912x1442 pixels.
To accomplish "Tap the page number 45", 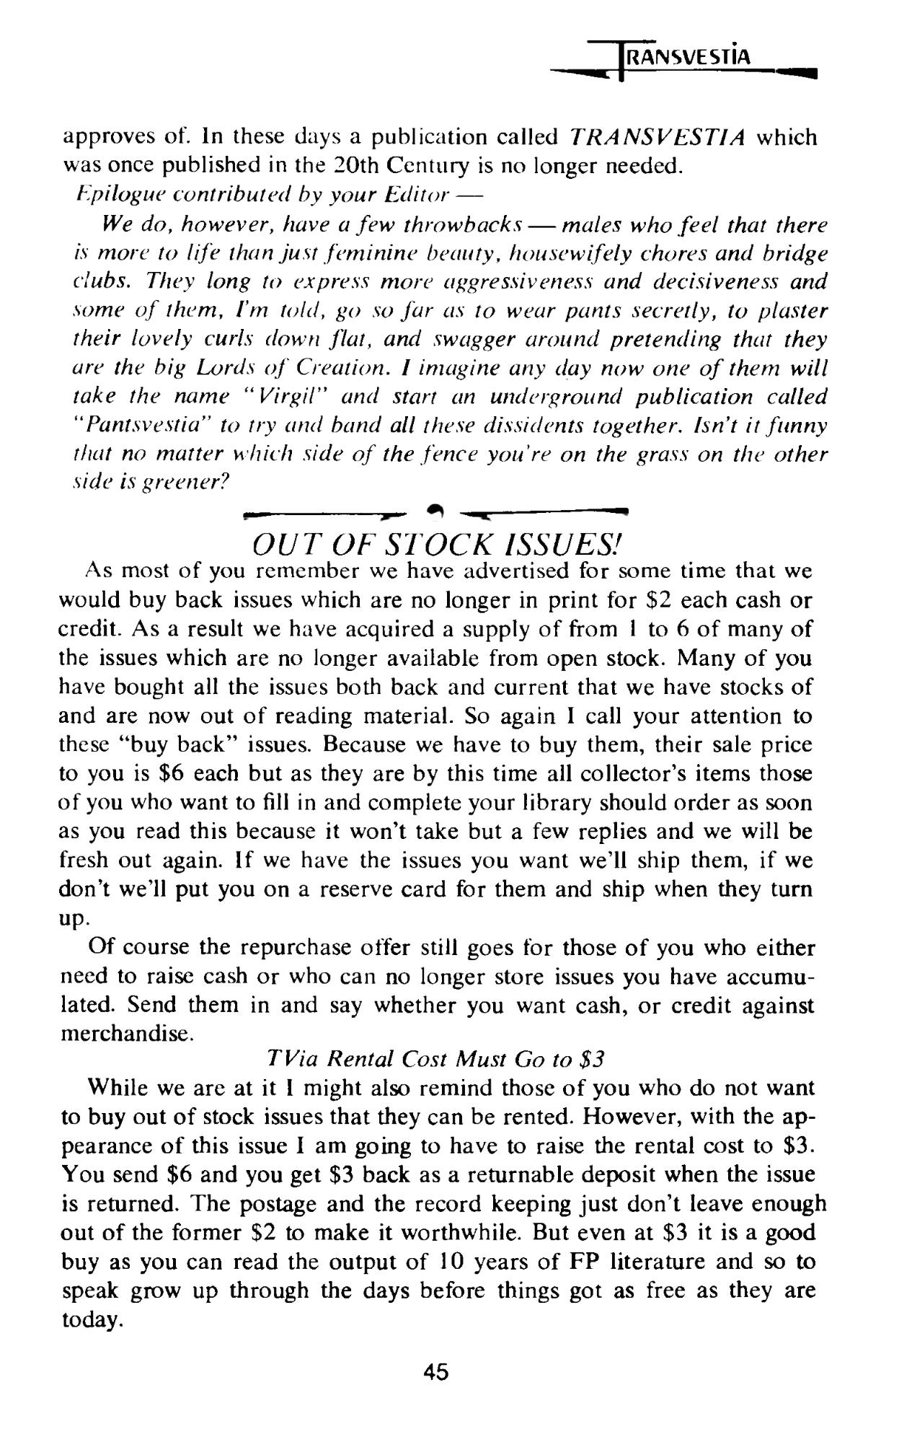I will [435, 1371].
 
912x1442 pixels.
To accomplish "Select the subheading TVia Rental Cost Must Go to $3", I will [435, 1058].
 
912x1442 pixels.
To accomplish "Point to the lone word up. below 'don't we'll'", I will [73, 918].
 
